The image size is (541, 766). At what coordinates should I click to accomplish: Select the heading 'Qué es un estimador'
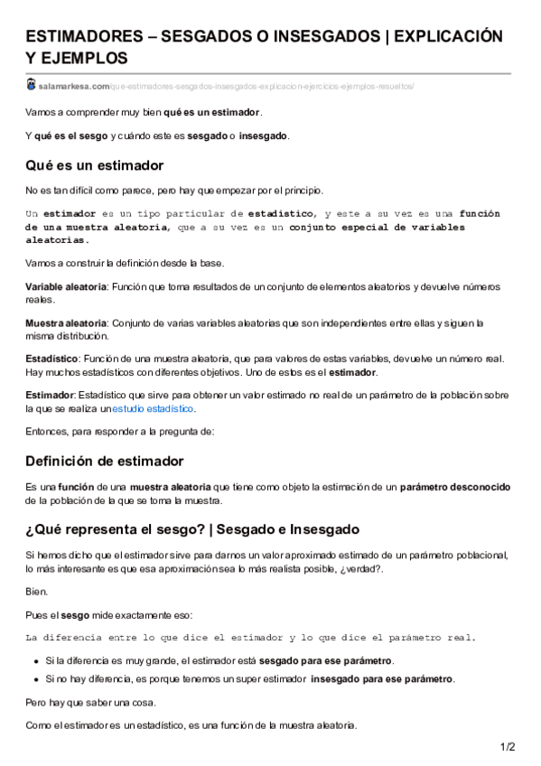[95, 165]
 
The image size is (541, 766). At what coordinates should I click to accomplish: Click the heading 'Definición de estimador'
[105, 461]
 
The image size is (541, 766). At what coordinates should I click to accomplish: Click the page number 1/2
[508, 746]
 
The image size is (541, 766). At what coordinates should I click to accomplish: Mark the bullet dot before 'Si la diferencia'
[36, 661]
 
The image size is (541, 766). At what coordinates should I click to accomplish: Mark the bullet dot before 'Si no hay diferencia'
[36, 678]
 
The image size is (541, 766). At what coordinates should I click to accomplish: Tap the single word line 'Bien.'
[37, 591]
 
